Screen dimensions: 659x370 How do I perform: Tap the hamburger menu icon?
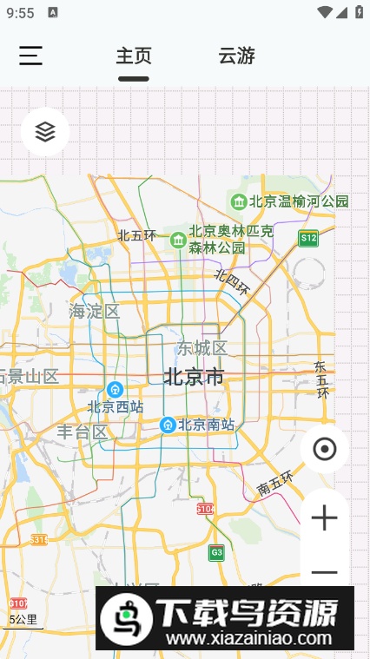tap(31, 56)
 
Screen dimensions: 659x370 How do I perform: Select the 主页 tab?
tap(134, 56)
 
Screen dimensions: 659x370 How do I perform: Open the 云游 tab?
tap(236, 56)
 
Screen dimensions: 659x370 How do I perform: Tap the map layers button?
tap(45, 131)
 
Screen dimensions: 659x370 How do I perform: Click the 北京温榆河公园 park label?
tap(299, 201)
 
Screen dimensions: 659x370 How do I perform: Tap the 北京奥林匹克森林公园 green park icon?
tap(178, 239)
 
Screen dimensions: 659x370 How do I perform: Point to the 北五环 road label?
tap(137, 234)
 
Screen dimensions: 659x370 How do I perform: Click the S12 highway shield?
tap(307, 237)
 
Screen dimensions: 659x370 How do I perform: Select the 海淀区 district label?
tap(94, 311)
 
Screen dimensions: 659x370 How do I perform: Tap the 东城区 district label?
tap(202, 348)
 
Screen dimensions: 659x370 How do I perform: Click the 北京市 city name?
tap(194, 377)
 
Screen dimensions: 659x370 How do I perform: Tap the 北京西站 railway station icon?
tap(114, 389)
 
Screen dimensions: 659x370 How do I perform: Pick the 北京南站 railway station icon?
tap(168, 425)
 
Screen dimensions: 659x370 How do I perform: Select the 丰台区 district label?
tap(83, 432)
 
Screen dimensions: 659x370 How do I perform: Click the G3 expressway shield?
tap(216, 552)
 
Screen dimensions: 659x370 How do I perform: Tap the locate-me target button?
tap(324, 449)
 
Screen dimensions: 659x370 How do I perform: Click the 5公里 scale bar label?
tap(23, 620)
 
